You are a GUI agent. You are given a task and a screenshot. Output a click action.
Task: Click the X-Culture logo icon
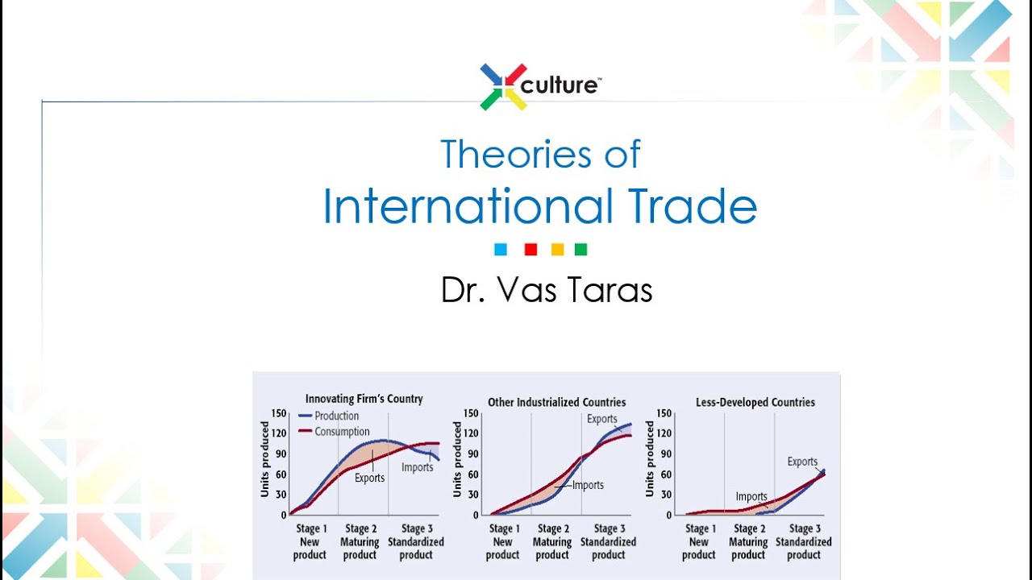(503, 86)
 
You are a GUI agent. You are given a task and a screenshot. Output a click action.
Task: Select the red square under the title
(531, 250)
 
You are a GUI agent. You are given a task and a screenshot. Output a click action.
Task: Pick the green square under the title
(580, 250)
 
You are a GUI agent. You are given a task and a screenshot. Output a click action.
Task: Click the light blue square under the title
(501, 250)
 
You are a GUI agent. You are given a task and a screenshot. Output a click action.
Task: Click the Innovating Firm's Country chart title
(364, 399)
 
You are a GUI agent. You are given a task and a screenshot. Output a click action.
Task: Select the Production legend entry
(336, 416)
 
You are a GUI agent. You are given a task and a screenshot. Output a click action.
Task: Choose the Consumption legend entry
(342, 431)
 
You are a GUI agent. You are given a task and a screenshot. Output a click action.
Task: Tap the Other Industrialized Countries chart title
(556, 402)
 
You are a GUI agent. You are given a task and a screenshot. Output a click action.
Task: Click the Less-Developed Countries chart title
(755, 402)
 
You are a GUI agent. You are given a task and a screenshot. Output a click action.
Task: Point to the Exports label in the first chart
(369, 478)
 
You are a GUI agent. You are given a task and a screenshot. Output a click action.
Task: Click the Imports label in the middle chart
(588, 485)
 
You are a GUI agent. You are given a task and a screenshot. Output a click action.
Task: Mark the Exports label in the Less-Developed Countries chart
(802, 462)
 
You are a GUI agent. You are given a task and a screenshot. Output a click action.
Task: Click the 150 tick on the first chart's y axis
(279, 413)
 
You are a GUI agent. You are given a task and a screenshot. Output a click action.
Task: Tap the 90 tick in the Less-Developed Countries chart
(664, 454)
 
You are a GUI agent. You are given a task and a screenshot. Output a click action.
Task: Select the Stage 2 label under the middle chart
(553, 528)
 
